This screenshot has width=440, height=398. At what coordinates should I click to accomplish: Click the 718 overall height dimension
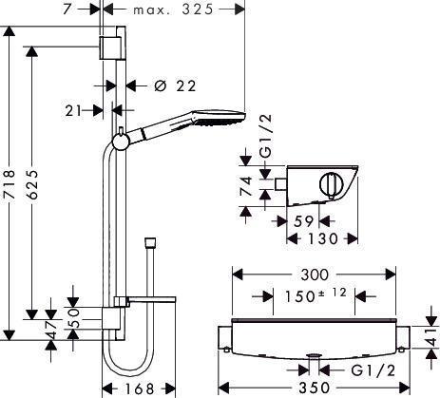point(9,184)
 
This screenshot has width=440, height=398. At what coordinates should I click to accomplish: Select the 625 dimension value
point(31,184)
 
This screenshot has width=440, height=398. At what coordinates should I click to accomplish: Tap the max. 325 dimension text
point(173,9)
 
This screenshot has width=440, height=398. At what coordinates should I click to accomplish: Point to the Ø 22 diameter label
point(175,85)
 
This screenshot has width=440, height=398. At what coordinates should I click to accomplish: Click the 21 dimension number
point(73,111)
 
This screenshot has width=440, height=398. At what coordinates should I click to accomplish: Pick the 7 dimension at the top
point(68,9)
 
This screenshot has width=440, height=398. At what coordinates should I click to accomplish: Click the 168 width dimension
point(140,389)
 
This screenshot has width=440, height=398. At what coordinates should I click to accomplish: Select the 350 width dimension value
point(315,388)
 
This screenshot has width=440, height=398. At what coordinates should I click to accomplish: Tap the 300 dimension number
point(315,275)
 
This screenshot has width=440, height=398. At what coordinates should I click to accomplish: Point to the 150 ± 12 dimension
point(316,295)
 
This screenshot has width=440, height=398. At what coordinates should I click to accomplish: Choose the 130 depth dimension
point(323,238)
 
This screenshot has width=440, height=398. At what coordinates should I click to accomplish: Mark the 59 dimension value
point(303,221)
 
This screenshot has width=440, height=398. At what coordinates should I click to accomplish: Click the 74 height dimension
point(246,187)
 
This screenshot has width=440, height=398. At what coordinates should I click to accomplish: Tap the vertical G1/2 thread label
point(266,136)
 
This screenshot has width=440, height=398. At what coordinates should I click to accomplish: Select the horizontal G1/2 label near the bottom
point(373,370)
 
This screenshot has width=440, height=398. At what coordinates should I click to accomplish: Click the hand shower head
point(220,118)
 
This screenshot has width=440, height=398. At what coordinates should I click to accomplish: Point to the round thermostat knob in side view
point(331,186)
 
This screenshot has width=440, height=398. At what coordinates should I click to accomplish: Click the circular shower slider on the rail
point(121,141)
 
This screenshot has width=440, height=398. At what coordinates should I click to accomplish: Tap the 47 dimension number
point(50,330)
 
